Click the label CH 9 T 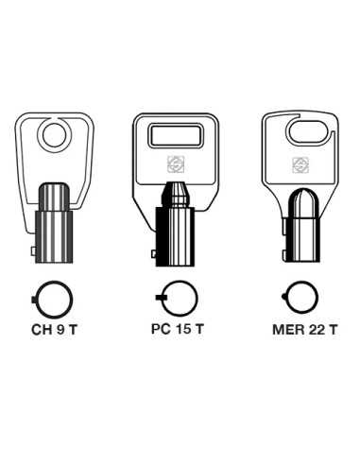[x=54, y=330]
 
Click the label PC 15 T [x=178, y=329]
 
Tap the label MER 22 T [x=304, y=330]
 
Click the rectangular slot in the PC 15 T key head [x=176, y=136]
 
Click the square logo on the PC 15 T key [x=176, y=164]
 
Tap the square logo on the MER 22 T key [x=300, y=165]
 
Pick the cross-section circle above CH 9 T [x=37, y=300]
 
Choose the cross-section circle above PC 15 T [x=163, y=298]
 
